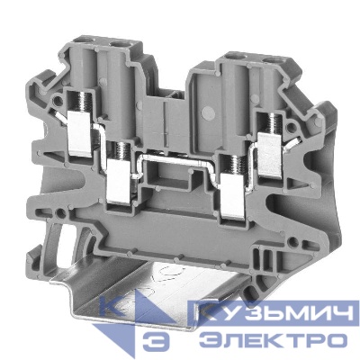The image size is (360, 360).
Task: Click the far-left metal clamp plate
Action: coord(79,133)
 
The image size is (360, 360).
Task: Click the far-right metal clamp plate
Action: coord(270,155)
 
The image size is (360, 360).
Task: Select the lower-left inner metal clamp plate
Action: coord(119,181)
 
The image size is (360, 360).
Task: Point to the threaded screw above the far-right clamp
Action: coord(274,123)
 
